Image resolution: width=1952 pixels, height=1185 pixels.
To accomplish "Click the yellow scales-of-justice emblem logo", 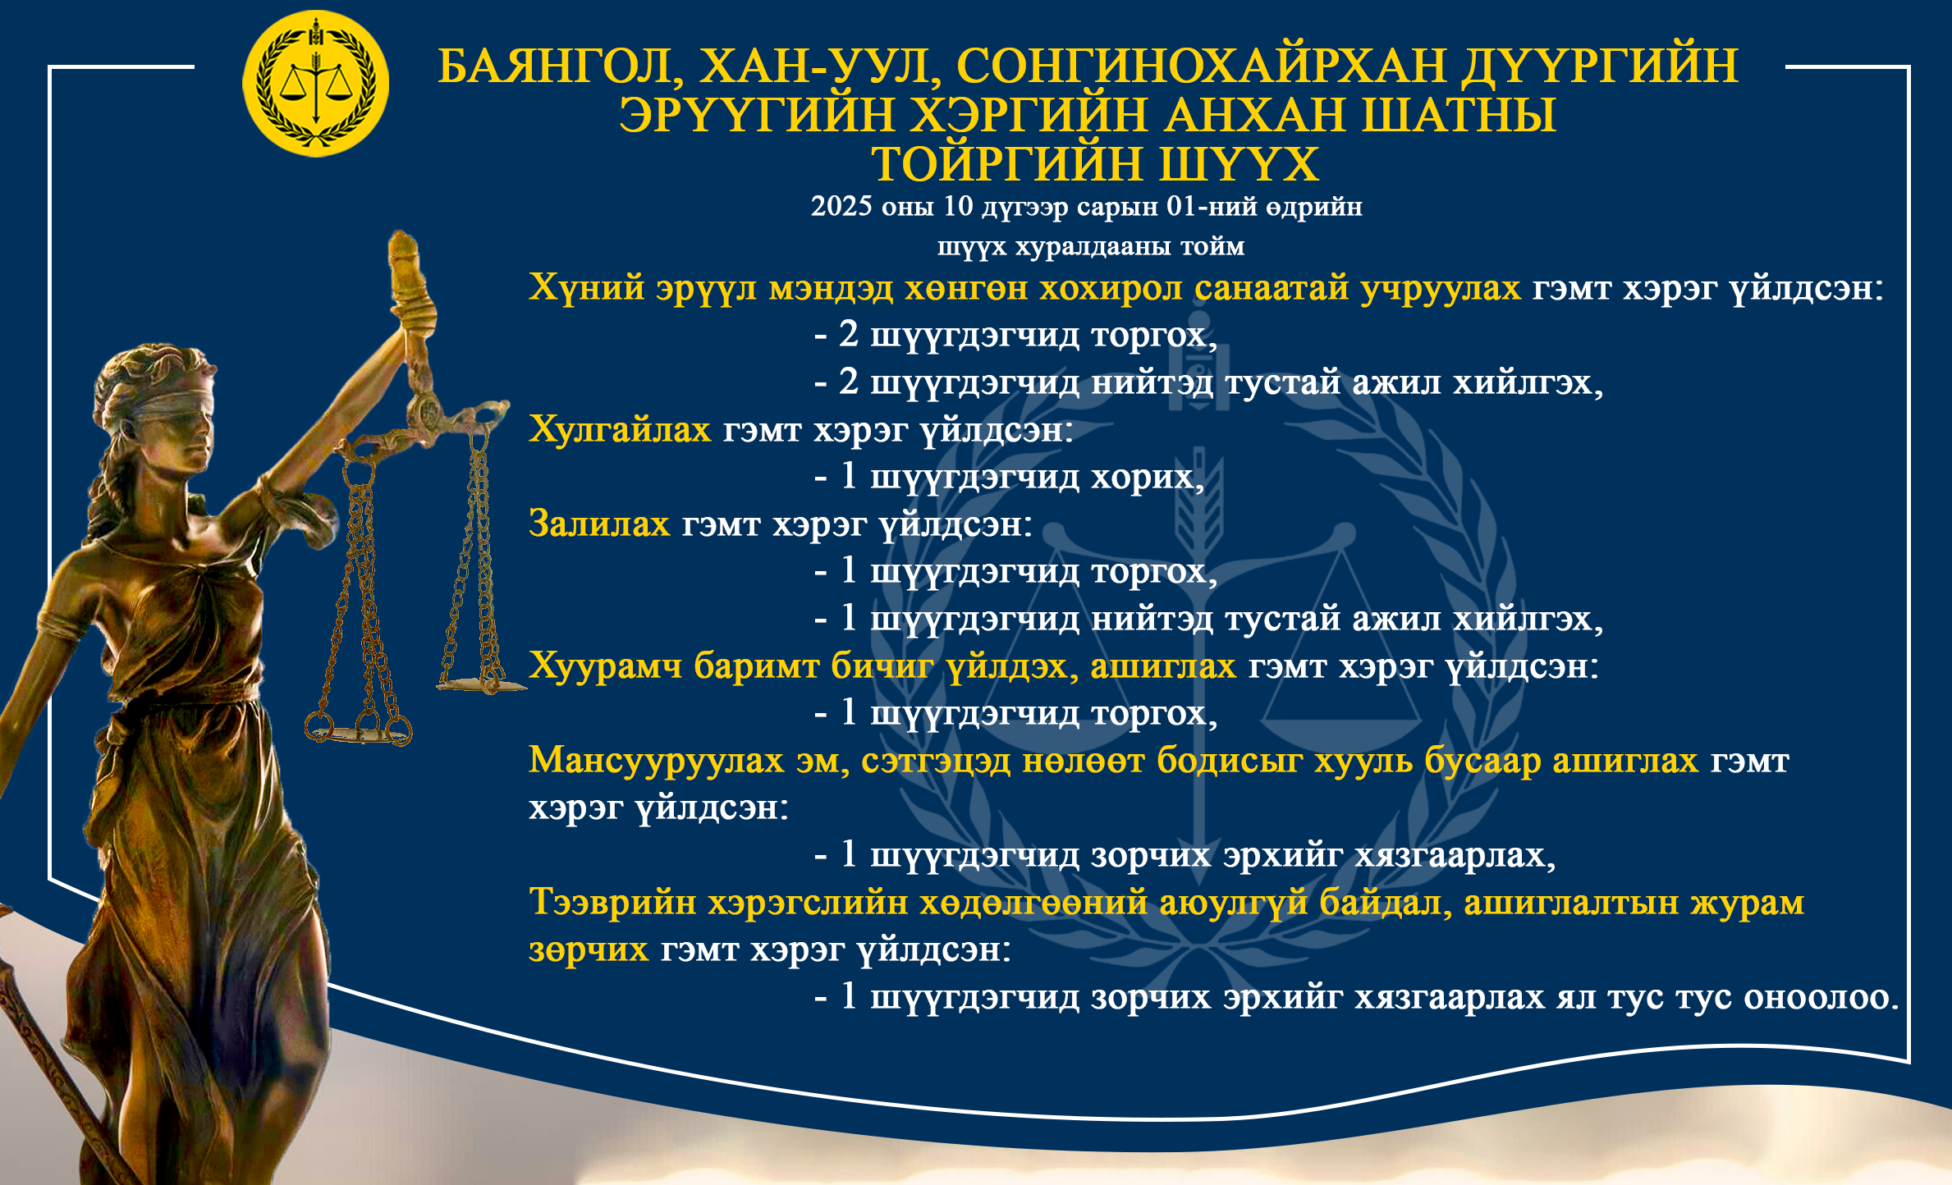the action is point(315,84).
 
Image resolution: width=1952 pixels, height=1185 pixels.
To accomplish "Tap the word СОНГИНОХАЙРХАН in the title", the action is point(1202,66).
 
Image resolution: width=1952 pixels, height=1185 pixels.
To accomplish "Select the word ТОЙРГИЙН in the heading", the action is point(1006,164).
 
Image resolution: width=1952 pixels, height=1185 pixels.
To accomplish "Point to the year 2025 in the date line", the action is point(841,206).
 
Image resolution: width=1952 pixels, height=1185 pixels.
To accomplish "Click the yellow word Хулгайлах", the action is point(620,429).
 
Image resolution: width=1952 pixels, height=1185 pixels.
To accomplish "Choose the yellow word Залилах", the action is point(599,524).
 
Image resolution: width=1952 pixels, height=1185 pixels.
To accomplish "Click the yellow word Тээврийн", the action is point(612,902).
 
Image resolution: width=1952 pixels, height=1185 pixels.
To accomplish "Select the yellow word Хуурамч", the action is point(606,666).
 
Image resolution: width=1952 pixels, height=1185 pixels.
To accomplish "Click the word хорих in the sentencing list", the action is point(1147,477).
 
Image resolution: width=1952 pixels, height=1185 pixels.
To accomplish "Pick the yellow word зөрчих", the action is point(589,949).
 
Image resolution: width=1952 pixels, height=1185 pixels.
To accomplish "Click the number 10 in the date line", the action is point(958,206).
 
